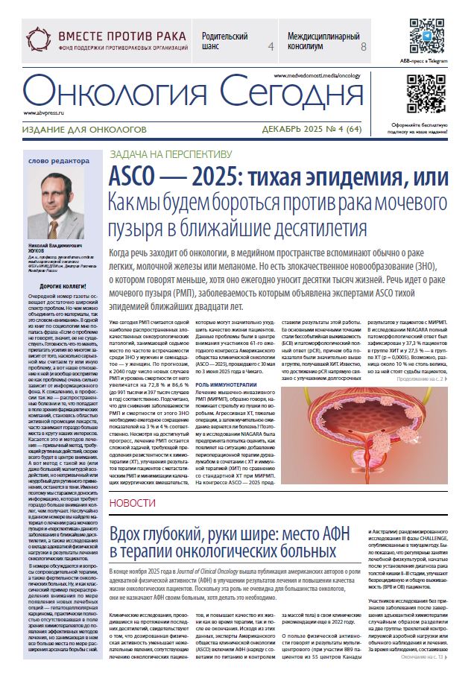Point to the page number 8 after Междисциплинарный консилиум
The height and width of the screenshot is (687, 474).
click(363, 46)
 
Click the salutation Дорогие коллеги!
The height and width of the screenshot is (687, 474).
click(62, 287)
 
